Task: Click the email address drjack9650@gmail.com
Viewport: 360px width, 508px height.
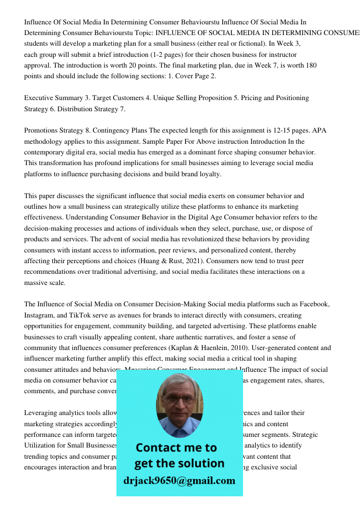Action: tap(179, 481)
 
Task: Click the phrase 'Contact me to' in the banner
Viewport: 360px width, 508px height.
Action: tap(176, 448)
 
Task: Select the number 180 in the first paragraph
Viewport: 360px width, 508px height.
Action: tap(311, 66)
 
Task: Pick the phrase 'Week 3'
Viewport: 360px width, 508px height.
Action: tap(288, 44)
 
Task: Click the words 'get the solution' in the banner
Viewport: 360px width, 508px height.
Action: tap(179, 463)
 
